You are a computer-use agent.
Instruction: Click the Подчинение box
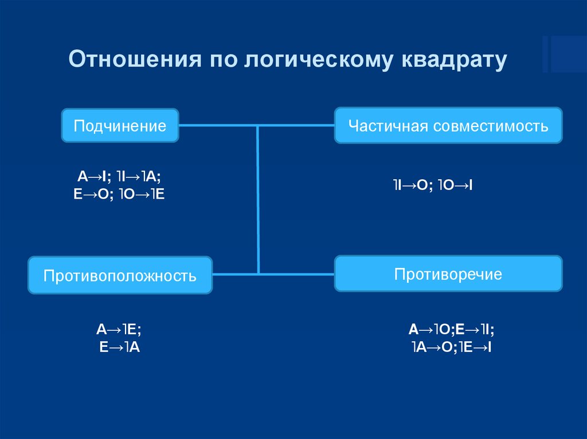(120, 125)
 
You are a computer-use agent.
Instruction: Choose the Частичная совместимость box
(448, 125)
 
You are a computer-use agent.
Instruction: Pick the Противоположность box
(120, 276)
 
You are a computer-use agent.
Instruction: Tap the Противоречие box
(448, 274)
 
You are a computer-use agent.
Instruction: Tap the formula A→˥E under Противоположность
(119, 329)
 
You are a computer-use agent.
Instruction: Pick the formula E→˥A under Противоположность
(119, 346)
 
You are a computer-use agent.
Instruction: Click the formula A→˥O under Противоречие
(424, 329)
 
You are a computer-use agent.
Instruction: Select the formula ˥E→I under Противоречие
(472, 346)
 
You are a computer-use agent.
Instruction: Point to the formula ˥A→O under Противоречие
(425, 346)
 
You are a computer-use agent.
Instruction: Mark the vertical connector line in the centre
(258, 200)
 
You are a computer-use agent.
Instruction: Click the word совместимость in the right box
(490, 125)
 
